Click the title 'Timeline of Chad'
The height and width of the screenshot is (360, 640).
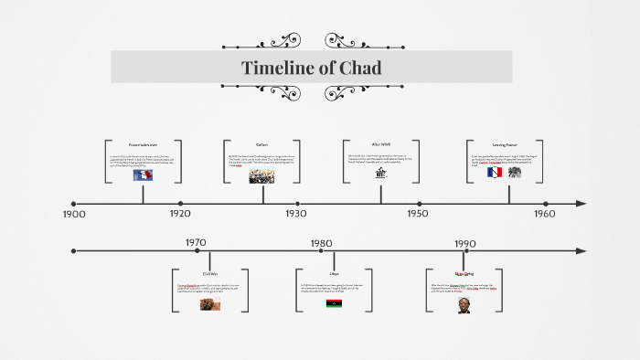pyautogui.click(x=311, y=68)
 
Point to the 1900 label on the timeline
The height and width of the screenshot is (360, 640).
pyautogui.click(x=74, y=214)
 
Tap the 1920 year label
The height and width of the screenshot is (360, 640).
pyautogui.click(x=180, y=214)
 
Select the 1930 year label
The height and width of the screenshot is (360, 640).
pyautogui.click(x=295, y=214)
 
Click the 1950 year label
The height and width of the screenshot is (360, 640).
pyautogui.click(x=418, y=214)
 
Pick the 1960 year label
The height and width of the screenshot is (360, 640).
pyautogui.click(x=544, y=214)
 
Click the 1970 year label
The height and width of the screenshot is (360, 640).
pyautogui.click(x=196, y=243)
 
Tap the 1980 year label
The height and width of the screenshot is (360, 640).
pyautogui.click(x=321, y=243)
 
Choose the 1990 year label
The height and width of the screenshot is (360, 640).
pyautogui.click(x=465, y=243)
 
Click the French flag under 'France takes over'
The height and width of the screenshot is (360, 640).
pyautogui.click(x=143, y=175)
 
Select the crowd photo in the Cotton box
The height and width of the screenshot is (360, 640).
pyautogui.click(x=261, y=175)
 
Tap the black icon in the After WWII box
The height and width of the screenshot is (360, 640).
pyautogui.click(x=380, y=174)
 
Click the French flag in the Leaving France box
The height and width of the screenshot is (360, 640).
pyautogui.click(x=495, y=172)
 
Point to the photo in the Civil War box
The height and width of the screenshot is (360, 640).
pyautogui.click(x=210, y=303)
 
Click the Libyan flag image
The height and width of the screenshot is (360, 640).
pyautogui.click(x=335, y=302)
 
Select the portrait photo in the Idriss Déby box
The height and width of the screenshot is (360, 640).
pyautogui.click(x=464, y=305)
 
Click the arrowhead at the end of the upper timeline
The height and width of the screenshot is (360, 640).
pyautogui.click(x=581, y=204)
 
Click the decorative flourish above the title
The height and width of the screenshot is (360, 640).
pyautogui.click(x=311, y=41)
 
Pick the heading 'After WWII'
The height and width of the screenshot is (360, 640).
pyautogui.click(x=380, y=144)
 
